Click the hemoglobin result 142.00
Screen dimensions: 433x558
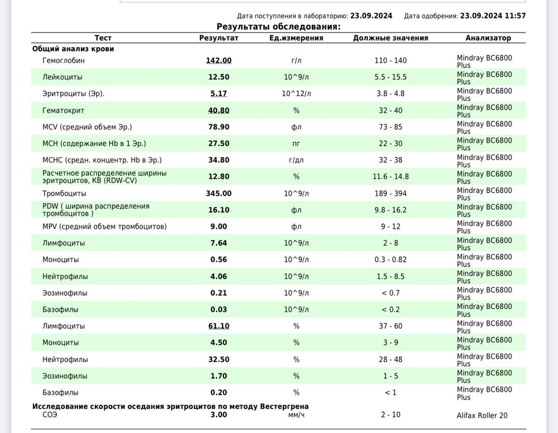click(219, 61)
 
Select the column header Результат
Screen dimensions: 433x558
click(219, 38)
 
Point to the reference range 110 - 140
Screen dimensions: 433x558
click(391, 61)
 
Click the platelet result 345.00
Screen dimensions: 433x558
click(219, 194)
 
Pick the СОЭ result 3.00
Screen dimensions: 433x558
click(219, 415)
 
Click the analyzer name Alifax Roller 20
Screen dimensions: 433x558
click(482, 415)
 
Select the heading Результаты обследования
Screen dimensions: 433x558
click(278, 26)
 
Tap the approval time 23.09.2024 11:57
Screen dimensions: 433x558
click(493, 16)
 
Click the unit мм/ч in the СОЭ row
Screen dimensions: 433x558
click(296, 415)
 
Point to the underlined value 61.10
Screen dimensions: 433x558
click(219, 326)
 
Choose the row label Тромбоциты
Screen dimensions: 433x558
click(64, 194)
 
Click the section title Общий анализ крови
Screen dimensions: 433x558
click(73, 49)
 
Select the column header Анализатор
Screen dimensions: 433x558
click(488, 38)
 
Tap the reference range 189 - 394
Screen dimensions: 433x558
click(391, 194)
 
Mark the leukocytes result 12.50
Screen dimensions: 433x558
click(219, 78)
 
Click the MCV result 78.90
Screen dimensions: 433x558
click(219, 127)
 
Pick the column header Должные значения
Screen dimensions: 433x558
click(391, 38)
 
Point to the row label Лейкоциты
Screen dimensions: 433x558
click(62, 78)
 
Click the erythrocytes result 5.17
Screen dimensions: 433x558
click(219, 94)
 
